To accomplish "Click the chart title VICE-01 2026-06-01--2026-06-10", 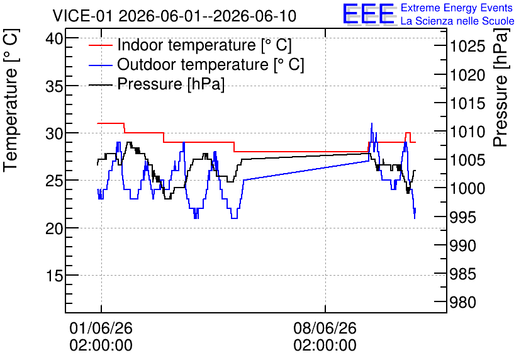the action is click(x=174, y=16).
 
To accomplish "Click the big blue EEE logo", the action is click(x=369, y=14).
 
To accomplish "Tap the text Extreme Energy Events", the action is click(x=457, y=8).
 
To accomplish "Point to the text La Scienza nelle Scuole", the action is click(x=457, y=21).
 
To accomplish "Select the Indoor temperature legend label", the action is click(x=204, y=45).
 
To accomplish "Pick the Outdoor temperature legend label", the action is click(x=211, y=64).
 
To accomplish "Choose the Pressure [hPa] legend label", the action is click(x=171, y=84).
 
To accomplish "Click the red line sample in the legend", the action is click(x=100, y=45).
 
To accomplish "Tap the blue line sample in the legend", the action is click(x=100, y=65).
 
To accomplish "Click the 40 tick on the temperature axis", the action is click(x=54, y=38).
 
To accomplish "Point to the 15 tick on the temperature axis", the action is click(x=54, y=276).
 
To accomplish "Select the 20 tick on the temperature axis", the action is click(x=54, y=228).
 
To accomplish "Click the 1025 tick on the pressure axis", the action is click(x=467, y=47).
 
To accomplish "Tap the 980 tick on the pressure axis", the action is click(x=463, y=302).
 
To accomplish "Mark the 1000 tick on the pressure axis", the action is click(x=467, y=189).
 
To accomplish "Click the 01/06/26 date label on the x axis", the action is click(x=101, y=328).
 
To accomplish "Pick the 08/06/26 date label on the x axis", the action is click(x=325, y=328).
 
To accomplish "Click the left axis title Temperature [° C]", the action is click(x=11, y=101).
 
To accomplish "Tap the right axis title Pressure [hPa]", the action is click(x=501, y=87).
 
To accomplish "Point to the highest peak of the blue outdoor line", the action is click(x=371, y=123).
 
